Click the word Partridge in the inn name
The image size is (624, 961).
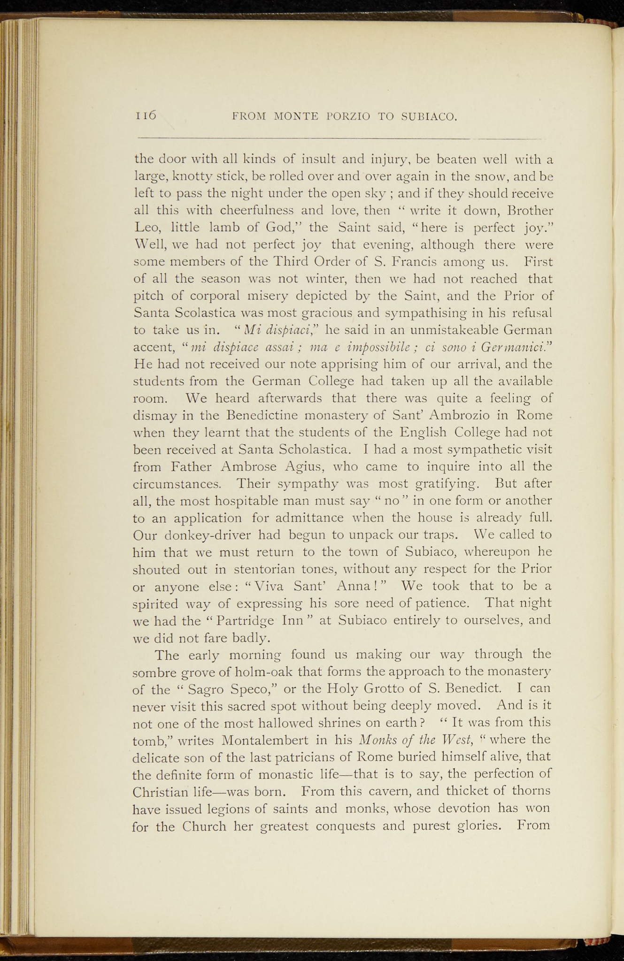click(247, 621)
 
